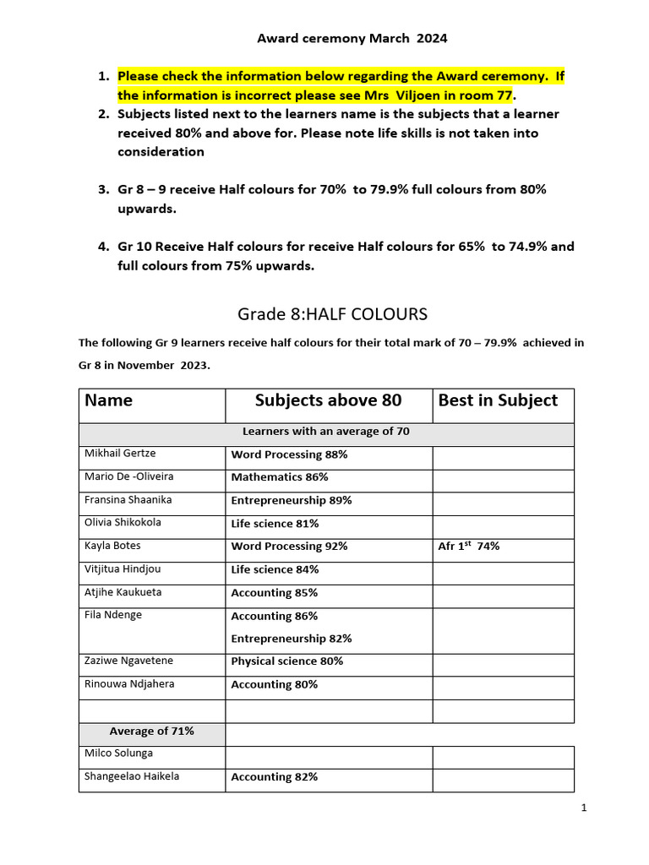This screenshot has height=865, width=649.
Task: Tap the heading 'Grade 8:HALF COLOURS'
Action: [x=332, y=314]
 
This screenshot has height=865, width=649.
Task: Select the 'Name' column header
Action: [x=109, y=400]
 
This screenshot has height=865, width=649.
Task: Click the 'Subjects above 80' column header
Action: [x=329, y=400]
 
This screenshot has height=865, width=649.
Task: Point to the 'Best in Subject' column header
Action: [x=498, y=400]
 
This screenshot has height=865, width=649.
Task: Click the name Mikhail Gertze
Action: [x=119, y=454]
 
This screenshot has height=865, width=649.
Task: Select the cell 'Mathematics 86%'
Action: [x=280, y=477]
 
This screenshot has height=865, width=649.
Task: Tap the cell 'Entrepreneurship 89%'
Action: [x=292, y=500]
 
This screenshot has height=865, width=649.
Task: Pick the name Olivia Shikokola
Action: [x=123, y=523]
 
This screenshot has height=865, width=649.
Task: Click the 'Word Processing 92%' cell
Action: [x=290, y=547]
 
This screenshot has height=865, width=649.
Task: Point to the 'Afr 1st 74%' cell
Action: [x=468, y=546]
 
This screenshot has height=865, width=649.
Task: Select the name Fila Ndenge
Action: [x=113, y=615]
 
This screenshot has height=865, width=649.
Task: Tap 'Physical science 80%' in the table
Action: [x=287, y=661]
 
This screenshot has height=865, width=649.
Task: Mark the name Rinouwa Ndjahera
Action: [x=129, y=684]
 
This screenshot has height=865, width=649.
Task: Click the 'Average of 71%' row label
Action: [x=152, y=731]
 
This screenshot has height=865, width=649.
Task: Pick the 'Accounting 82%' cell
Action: [x=275, y=777]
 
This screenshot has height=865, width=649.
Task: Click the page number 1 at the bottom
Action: [x=583, y=808]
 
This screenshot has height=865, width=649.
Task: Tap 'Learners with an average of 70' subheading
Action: [x=326, y=432]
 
